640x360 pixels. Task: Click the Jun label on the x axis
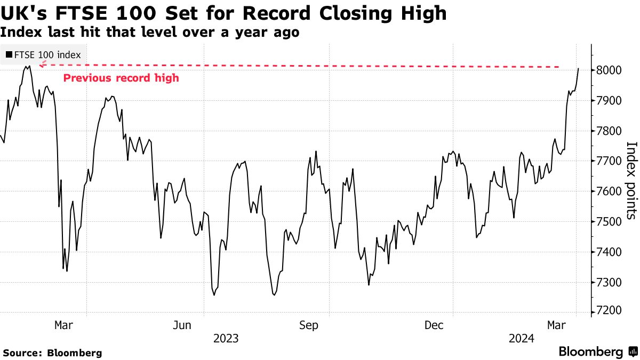click(x=182, y=325)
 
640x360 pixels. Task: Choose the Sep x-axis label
click(x=308, y=325)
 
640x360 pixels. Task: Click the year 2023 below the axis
click(x=226, y=339)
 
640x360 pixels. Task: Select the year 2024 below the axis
click(x=522, y=339)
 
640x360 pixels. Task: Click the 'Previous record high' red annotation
click(x=121, y=78)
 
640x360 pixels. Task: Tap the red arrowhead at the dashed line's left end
click(x=43, y=64)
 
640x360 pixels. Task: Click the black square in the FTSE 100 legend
click(x=9, y=54)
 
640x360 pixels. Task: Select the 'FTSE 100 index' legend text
click(x=47, y=54)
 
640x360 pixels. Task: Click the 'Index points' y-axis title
click(x=631, y=180)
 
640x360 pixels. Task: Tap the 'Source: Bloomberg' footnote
click(x=52, y=353)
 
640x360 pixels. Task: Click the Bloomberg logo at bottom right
click(x=597, y=351)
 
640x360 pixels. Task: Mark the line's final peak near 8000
click(x=578, y=68)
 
